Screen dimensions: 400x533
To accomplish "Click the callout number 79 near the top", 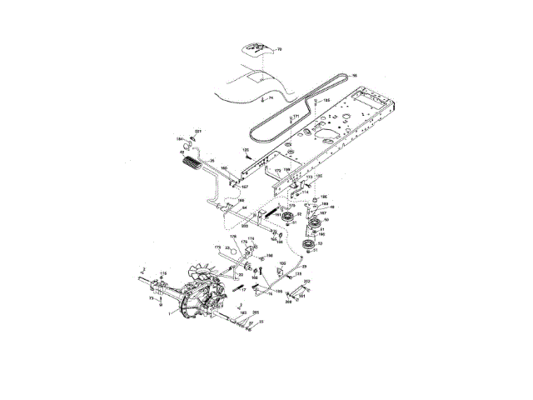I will click(x=279, y=50).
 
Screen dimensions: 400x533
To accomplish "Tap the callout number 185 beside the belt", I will click(x=326, y=101).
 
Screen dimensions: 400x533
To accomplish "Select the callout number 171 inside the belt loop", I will click(x=295, y=117).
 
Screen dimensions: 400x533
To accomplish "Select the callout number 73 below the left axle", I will click(x=152, y=297).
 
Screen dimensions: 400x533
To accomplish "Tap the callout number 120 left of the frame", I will click(x=246, y=150).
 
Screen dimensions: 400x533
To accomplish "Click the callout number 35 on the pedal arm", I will click(x=212, y=161).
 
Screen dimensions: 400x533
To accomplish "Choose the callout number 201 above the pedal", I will click(x=198, y=133).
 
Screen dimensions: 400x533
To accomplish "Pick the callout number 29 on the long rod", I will click(x=304, y=267).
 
